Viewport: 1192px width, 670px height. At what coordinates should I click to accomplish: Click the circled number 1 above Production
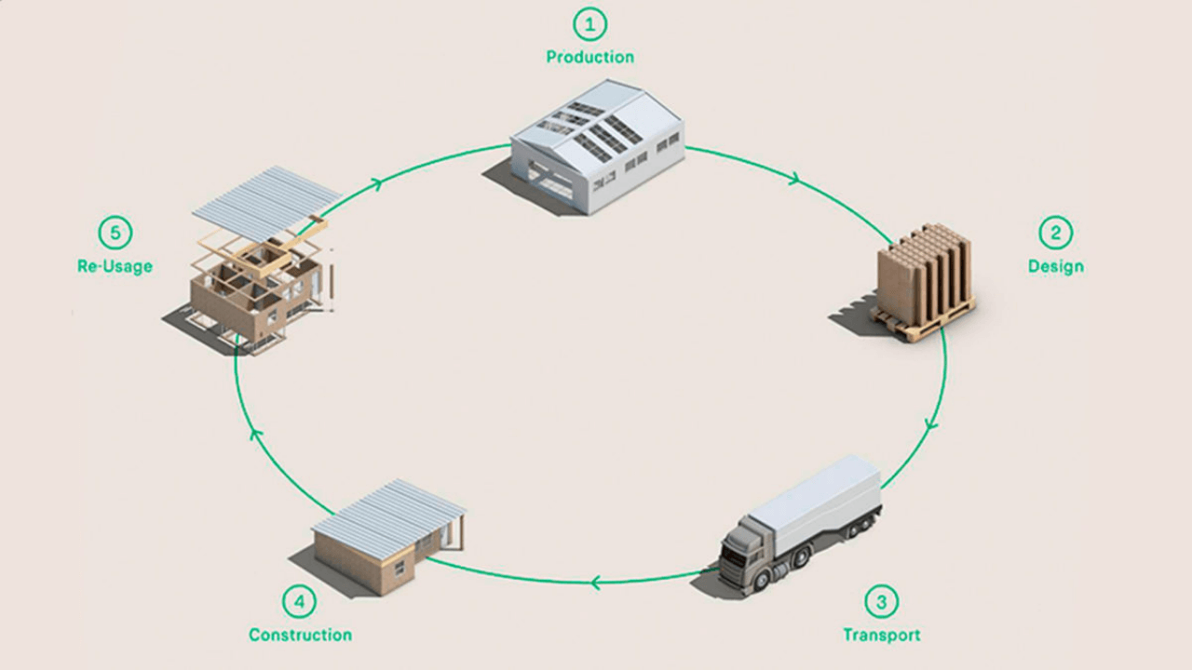tap(589, 23)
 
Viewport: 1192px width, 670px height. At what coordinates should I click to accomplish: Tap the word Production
tap(589, 57)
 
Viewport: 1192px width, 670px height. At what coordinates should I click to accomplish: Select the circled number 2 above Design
tap(1055, 233)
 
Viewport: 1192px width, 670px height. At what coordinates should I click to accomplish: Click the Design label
tap(1055, 266)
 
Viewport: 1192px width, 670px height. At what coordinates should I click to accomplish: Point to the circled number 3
tap(881, 601)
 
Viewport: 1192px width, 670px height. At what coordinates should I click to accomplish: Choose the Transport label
tap(881, 635)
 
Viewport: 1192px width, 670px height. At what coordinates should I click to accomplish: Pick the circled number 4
tap(299, 601)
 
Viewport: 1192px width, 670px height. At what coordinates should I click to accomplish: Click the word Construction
tap(300, 635)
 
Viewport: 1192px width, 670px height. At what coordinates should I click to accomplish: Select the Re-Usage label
tap(115, 266)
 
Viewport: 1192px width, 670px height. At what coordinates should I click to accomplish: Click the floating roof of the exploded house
tap(266, 199)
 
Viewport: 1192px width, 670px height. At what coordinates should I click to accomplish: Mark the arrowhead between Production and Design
tap(793, 179)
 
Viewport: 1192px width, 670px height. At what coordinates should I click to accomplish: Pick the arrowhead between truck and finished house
tap(595, 583)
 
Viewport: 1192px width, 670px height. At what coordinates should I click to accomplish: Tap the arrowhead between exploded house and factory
tap(376, 183)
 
